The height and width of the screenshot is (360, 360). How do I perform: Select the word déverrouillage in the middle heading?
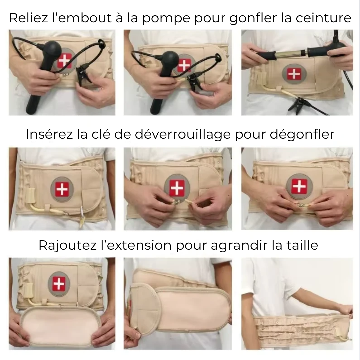tap(183, 135)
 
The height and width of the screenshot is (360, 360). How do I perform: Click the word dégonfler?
tap(302, 135)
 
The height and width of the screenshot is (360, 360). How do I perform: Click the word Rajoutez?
tap(67, 245)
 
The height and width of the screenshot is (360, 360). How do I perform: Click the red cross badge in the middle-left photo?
tap(62, 189)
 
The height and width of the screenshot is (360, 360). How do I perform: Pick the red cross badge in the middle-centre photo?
tap(177, 187)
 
